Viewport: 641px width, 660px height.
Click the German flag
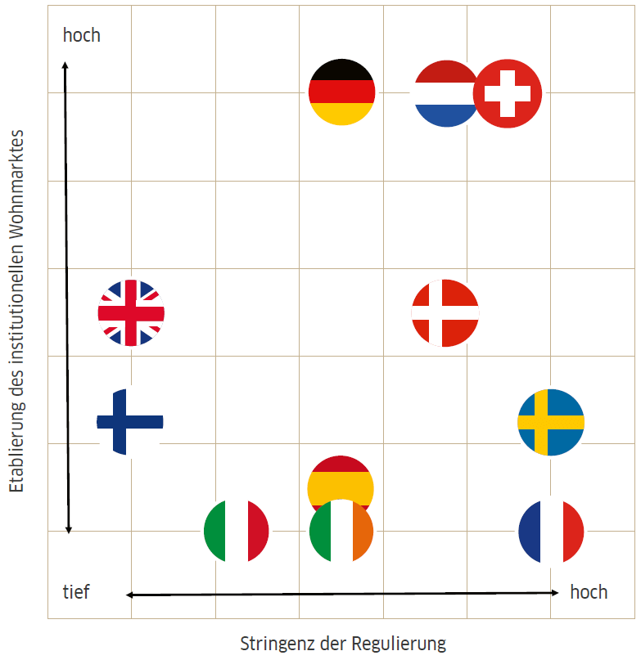tap(341, 92)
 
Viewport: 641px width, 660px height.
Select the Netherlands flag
tap(445, 93)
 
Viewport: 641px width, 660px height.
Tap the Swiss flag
tap(508, 93)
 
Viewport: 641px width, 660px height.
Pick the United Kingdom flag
tap(131, 312)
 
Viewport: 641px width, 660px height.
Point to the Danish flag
tap(445, 312)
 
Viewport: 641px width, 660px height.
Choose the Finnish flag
tap(130, 421)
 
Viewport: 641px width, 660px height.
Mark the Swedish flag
tap(551, 422)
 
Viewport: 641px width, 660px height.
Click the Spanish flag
tap(341, 483)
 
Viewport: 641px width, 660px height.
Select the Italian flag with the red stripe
tap(237, 532)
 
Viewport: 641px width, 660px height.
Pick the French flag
tap(551, 532)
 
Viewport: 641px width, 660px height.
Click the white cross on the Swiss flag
tap(508, 93)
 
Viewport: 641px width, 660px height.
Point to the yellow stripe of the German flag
tap(341, 114)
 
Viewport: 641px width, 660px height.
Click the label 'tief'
tap(76, 590)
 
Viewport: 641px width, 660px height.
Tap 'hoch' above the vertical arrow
tap(82, 35)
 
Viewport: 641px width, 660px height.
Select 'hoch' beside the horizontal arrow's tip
tap(589, 591)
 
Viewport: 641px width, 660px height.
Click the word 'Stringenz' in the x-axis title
tap(273, 643)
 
